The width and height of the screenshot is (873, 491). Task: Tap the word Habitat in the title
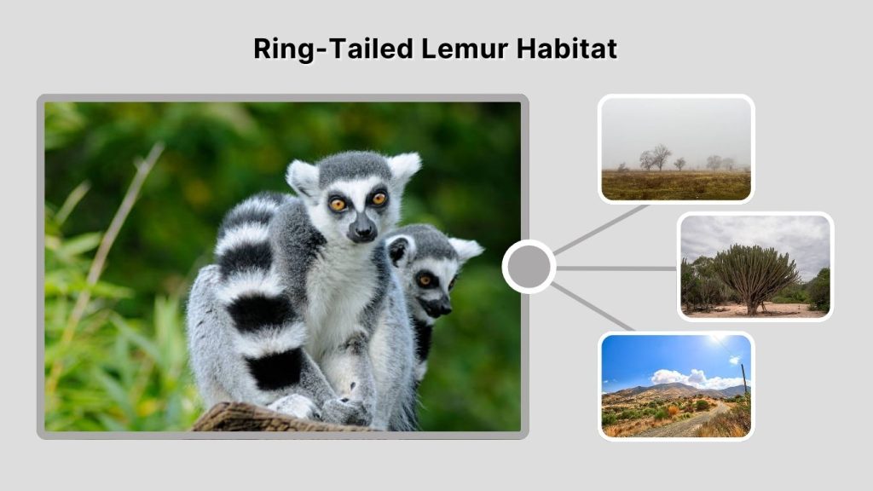567,49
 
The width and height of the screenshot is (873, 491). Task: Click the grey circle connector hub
529,267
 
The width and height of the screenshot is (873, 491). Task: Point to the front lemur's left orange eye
338,204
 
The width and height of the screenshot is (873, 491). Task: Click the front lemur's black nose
362,228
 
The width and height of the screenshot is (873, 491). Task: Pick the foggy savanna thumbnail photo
675,149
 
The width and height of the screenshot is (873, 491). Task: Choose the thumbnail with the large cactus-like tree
754,267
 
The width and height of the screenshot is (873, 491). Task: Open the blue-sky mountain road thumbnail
675,385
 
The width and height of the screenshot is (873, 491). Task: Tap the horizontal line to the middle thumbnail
616,268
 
